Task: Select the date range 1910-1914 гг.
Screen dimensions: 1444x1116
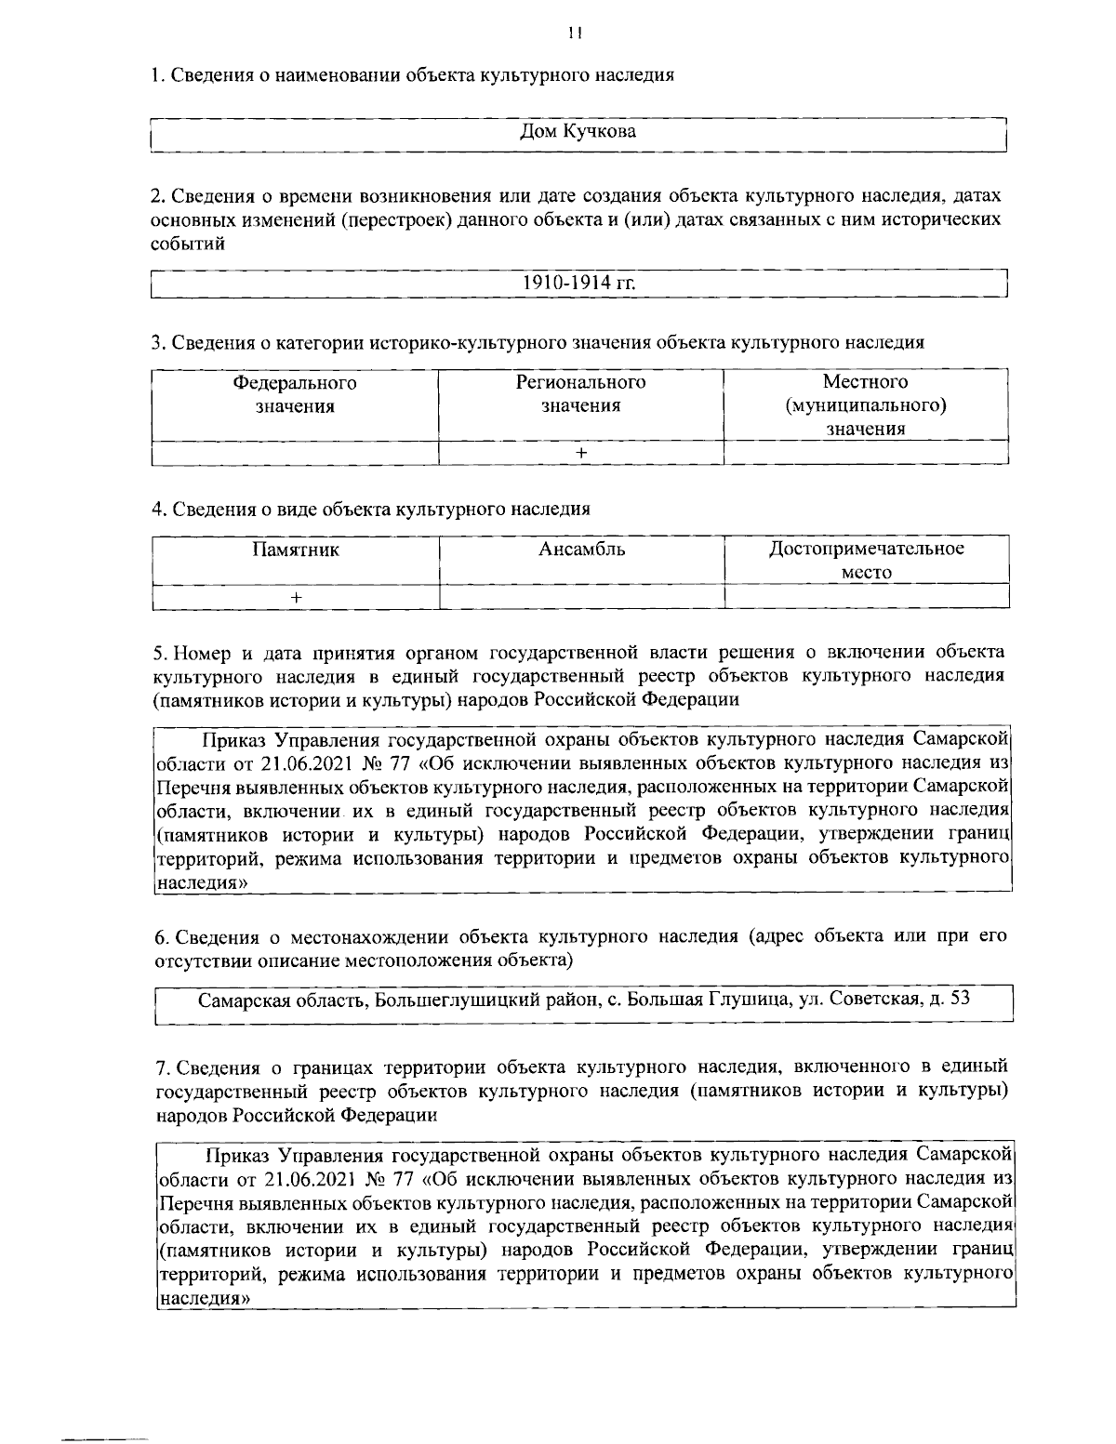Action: coord(578,283)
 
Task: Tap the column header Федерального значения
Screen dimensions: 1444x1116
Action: coord(295,394)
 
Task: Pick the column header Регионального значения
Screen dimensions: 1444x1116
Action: coord(581,394)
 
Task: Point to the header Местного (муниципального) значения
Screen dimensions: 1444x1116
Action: coord(865,405)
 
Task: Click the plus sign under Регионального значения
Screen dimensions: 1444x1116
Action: coord(581,452)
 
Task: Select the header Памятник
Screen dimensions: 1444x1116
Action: coord(296,549)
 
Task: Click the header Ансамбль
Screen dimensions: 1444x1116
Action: coord(581,549)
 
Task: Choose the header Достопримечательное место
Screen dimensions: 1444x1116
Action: coord(866,560)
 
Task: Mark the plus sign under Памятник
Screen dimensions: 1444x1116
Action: coord(296,597)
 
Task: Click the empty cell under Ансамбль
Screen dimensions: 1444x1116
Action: coord(581,597)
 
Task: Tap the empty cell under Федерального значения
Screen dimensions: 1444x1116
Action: coord(295,452)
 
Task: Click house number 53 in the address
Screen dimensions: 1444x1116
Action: coord(959,1000)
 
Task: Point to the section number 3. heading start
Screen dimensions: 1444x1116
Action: coord(157,342)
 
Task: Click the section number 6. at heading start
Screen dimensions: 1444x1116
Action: coord(159,935)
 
